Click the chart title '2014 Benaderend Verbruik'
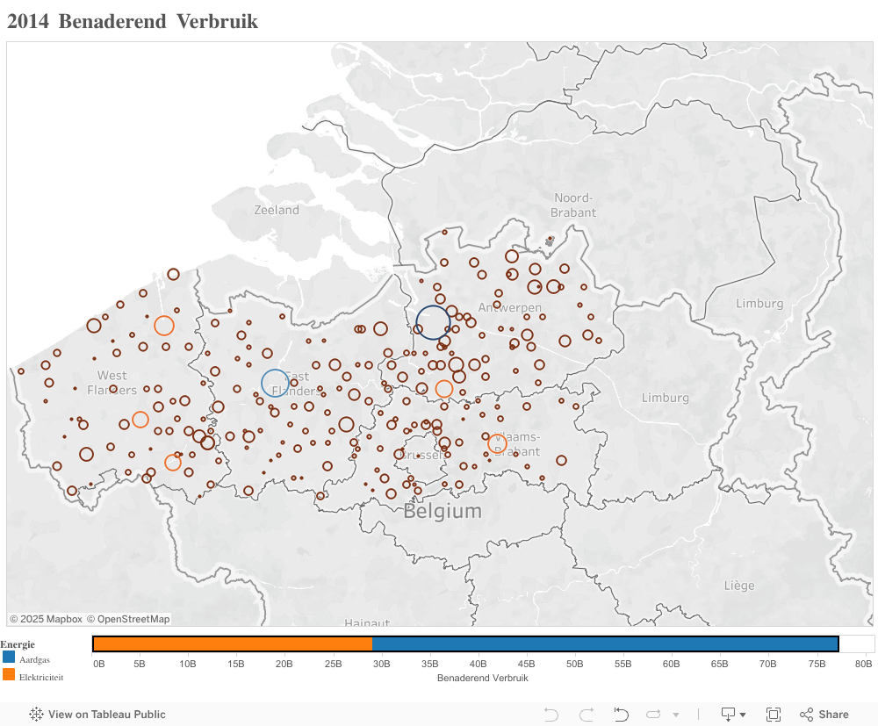(x=133, y=22)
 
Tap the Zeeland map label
(x=277, y=210)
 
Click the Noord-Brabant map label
(x=573, y=205)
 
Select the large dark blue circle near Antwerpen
(x=433, y=323)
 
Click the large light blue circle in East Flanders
(x=275, y=383)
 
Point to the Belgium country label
(x=443, y=511)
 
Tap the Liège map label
(x=739, y=585)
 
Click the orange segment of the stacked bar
(x=232, y=644)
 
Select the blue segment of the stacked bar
(x=605, y=644)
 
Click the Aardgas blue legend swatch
(x=9, y=657)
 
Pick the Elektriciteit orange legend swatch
(x=9, y=675)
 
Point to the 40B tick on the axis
(x=478, y=664)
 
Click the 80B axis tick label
(x=863, y=664)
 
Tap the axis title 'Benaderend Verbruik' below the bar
(x=482, y=678)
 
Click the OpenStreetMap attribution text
(x=128, y=619)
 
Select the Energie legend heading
(x=18, y=644)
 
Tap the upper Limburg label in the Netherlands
(x=759, y=304)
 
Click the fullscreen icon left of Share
(x=774, y=715)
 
